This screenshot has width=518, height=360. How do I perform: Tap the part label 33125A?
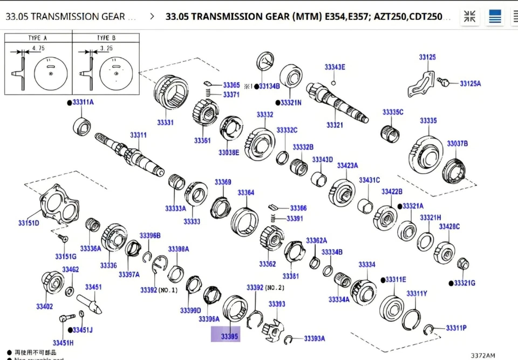470,84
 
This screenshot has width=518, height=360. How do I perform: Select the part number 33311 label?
138,134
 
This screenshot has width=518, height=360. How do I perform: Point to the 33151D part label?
29,223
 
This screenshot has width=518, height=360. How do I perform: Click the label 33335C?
393,112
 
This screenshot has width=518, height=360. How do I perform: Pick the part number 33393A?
314,338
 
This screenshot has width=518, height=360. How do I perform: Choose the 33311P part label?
456,328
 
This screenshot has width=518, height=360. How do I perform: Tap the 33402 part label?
44,307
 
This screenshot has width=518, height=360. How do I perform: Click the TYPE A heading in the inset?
38,38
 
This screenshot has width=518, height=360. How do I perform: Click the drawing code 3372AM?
482,355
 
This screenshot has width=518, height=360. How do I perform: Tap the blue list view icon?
495,17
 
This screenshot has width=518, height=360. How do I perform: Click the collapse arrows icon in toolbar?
470,17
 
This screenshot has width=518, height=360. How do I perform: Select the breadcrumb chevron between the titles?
152,17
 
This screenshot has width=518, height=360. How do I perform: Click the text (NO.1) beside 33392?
168,290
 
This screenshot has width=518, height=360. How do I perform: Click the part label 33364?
246,193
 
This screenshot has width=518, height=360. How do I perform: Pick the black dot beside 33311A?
69,102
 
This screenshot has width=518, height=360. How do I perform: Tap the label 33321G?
464,283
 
